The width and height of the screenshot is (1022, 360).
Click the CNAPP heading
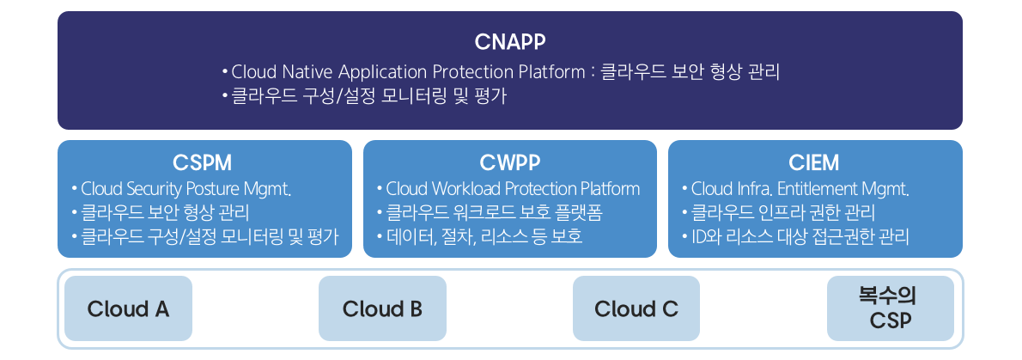(x=510, y=41)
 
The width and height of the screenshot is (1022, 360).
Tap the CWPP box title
(x=510, y=162)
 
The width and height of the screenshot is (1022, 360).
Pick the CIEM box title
(x=813, y=162)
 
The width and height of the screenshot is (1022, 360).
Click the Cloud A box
(x=128, y=308)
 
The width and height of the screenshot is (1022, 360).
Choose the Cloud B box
(x=382, y=308)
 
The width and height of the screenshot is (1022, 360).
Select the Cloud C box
(x=636, y=308)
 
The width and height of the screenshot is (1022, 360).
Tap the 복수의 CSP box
(x=890, y=308)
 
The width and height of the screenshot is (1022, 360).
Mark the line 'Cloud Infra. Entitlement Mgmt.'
(x=800, y=189)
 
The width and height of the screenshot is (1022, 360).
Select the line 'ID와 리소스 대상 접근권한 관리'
(x=800, y=236)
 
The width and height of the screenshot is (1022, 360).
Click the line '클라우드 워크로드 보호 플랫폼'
(x=486, y=213)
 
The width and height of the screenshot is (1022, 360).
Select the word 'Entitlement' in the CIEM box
(x=806, y=189)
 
